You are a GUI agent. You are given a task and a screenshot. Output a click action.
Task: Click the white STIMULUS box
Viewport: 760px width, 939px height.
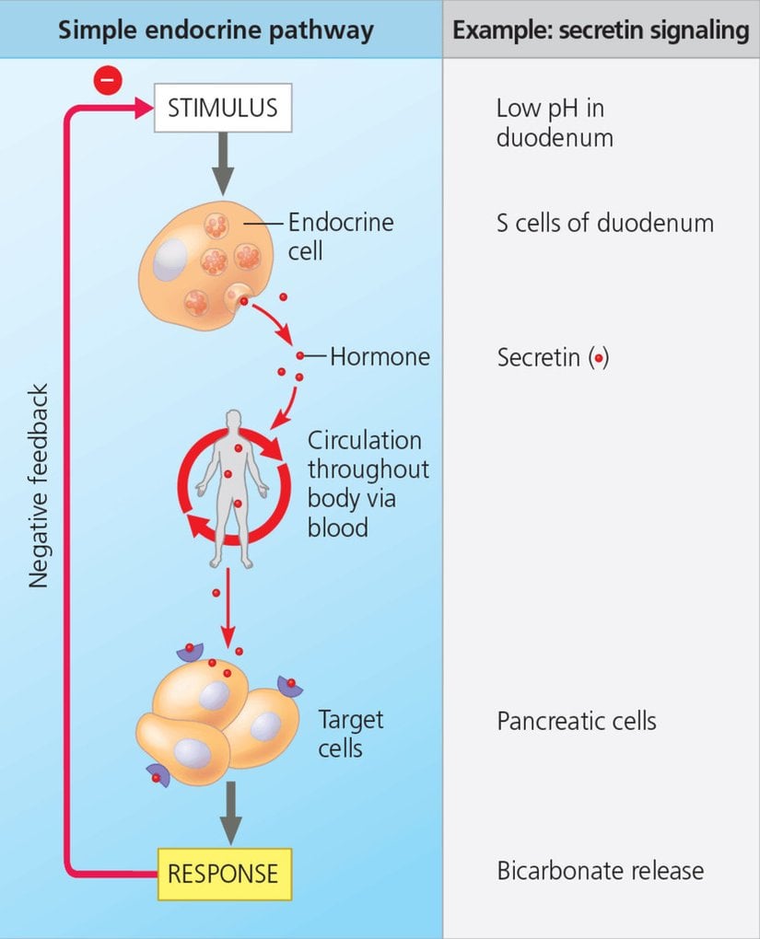(222, 108)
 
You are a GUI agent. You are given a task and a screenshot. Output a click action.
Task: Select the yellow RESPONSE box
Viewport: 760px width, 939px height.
(222, 873)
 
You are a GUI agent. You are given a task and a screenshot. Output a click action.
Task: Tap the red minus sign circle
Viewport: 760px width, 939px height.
(107, 81)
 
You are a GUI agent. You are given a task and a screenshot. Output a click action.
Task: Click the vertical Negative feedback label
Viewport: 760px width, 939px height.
(38, 485)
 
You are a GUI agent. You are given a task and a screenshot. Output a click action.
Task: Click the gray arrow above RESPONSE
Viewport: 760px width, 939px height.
(230, 810)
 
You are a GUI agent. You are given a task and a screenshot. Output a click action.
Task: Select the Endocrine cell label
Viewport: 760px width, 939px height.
(340, 236)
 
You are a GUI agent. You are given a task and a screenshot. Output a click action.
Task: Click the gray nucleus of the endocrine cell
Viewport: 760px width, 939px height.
(170, 260)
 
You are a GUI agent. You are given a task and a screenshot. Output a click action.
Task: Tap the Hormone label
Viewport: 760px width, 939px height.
(380, 356)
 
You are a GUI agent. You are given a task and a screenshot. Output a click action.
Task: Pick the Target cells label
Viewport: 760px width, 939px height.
(351, 733)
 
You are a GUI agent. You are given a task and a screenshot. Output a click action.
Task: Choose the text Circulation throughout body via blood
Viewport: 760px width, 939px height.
(368, 483)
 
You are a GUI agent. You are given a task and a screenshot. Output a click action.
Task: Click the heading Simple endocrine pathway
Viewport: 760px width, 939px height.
(216, 29)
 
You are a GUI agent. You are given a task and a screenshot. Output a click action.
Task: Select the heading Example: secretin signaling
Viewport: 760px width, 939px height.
(601, 29)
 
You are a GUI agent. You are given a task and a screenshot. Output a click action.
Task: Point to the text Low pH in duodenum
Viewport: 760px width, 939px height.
(555, 122)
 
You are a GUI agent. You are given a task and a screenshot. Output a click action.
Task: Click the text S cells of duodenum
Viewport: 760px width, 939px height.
(604, 223)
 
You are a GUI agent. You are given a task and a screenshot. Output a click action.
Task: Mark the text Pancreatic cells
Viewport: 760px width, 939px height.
(577, 720)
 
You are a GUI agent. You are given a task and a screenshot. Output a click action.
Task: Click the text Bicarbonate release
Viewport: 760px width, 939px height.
(600, 871)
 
